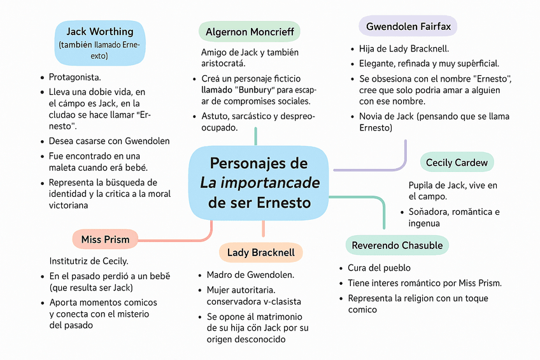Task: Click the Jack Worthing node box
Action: (100, 43)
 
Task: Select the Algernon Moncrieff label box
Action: (250, 32)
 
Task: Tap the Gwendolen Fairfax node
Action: (408, 27)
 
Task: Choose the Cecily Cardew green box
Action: (457, 162)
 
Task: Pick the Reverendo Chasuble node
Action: (397, 245)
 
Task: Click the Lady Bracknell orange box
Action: (260, 252)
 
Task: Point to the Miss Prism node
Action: (105, 240)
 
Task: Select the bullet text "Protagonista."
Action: (75, 77)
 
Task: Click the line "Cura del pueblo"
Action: (379, 268)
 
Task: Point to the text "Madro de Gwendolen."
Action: (250, 275)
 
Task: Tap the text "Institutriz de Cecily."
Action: (89, 261)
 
